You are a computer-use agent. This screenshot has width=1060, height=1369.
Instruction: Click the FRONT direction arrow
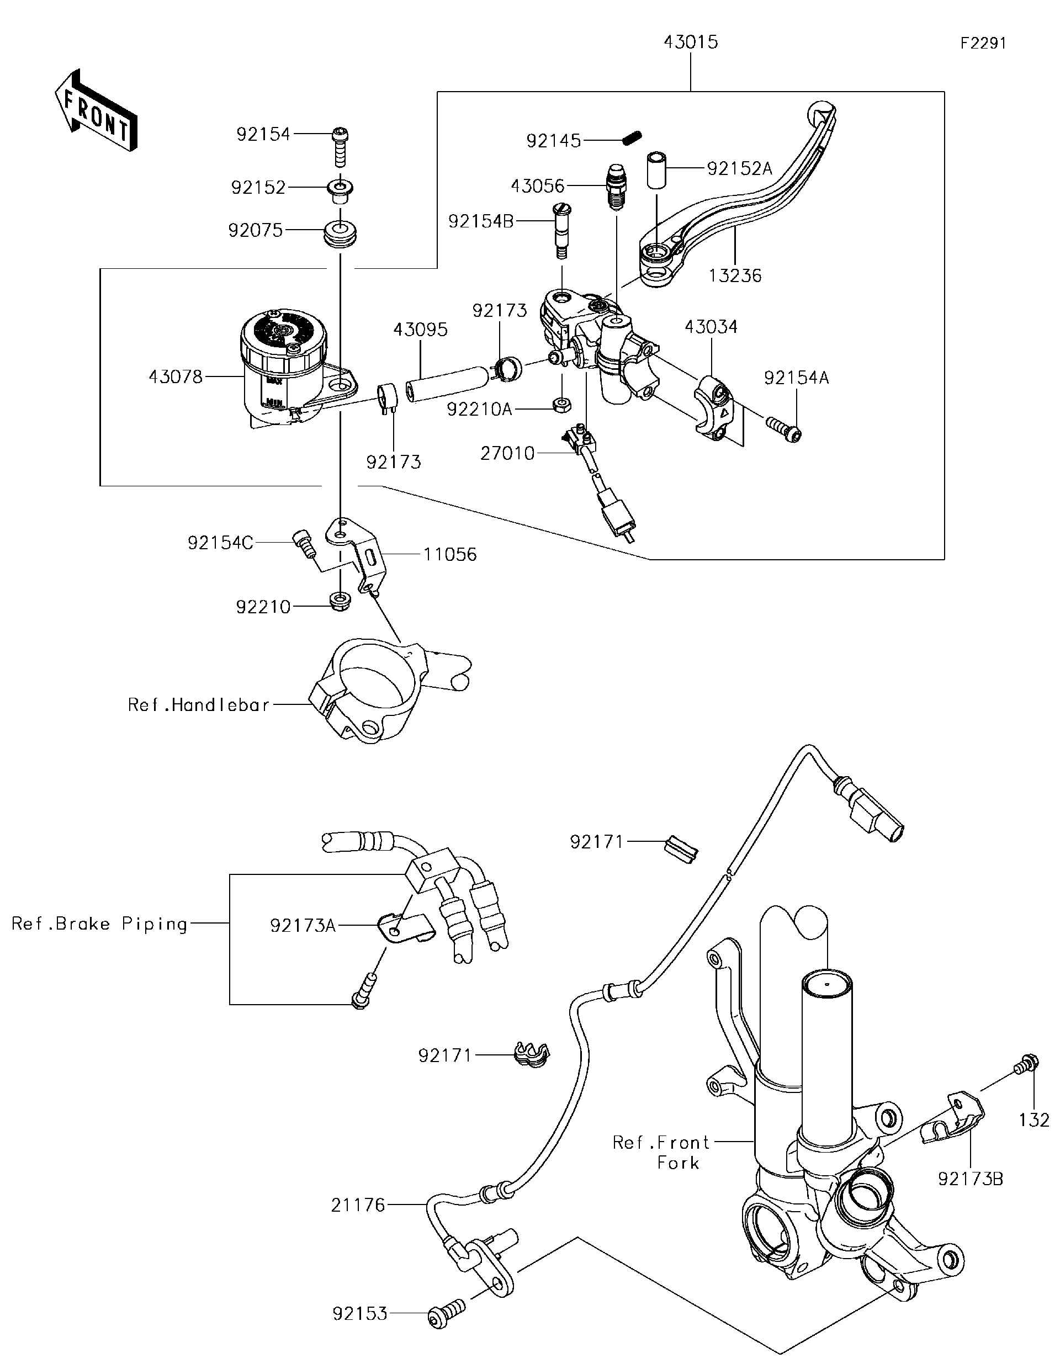pos(96,110)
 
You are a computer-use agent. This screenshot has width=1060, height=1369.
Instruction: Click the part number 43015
pos(690,43)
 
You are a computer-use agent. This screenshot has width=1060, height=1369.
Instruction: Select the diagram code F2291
pos(983,43)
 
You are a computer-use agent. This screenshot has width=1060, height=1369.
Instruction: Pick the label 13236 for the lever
pos(735,276)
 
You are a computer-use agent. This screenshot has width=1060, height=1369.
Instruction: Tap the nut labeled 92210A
pos(561,404)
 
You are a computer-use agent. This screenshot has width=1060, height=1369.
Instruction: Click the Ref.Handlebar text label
pos(198,705)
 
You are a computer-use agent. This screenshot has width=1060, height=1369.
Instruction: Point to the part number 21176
pos(358,1204)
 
